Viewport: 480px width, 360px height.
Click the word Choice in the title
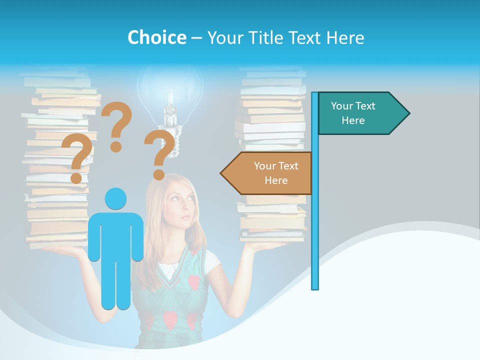click(156, 37)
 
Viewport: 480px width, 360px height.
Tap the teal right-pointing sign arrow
click(360, 113)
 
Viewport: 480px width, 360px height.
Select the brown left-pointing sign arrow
click(270, 173)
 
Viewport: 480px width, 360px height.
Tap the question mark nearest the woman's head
click(160, 155)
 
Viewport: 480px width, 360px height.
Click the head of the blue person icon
click(115, 198)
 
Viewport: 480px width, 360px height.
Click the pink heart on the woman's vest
click(193, 282)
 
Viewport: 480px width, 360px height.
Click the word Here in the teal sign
click(353, 120)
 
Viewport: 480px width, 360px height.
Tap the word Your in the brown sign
click(264, 166)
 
